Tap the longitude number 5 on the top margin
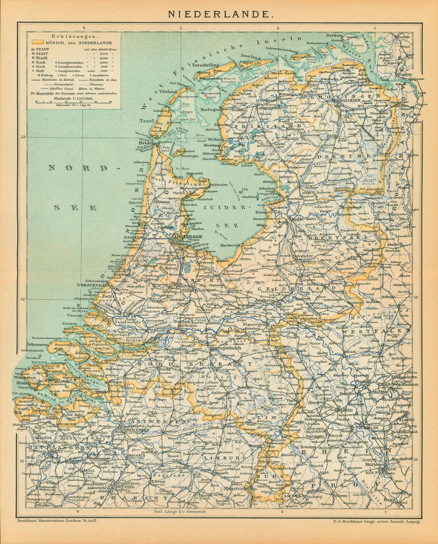pyautogui.click(x=181, y=28)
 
